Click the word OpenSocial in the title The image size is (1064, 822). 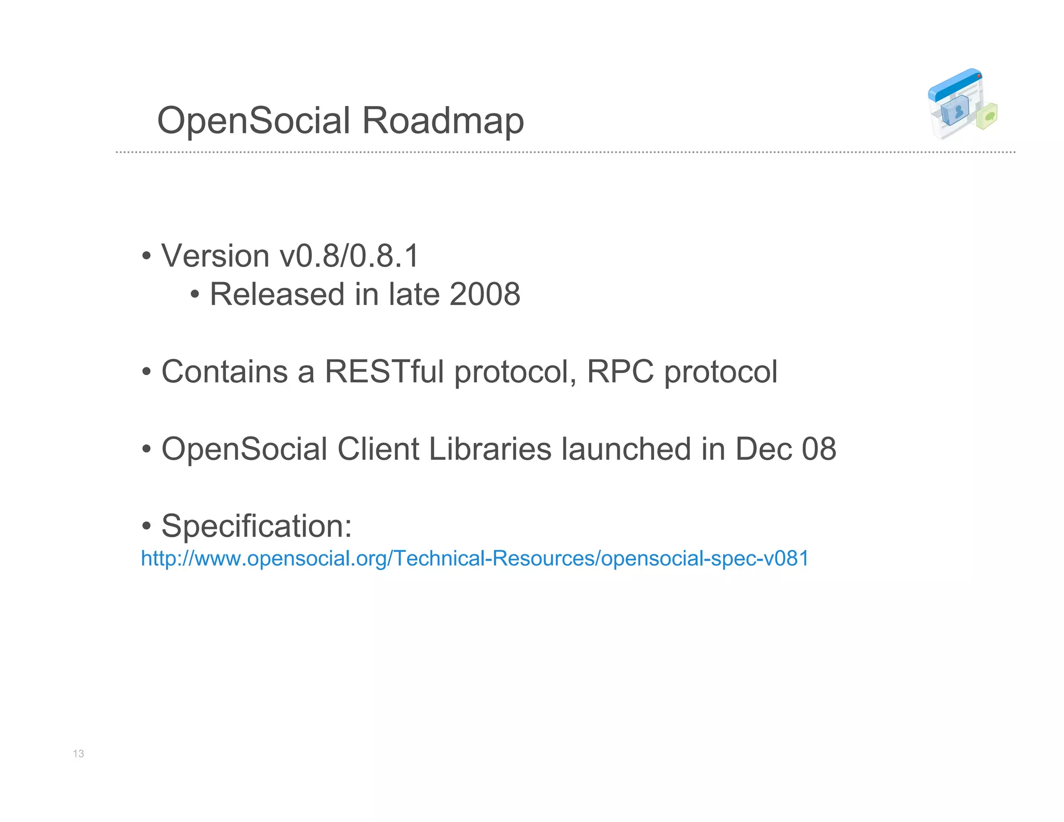254,121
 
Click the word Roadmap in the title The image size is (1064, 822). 443,121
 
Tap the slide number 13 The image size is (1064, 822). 78,753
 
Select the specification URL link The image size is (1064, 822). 475,559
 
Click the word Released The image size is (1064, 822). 277,294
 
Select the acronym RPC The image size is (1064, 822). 620,372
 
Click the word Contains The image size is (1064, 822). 224,372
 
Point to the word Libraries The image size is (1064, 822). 489,449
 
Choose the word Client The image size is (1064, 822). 378,449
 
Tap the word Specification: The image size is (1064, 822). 257,526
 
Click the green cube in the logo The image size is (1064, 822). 987,116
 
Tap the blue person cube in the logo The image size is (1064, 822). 955,110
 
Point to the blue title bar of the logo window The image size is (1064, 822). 954,84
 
